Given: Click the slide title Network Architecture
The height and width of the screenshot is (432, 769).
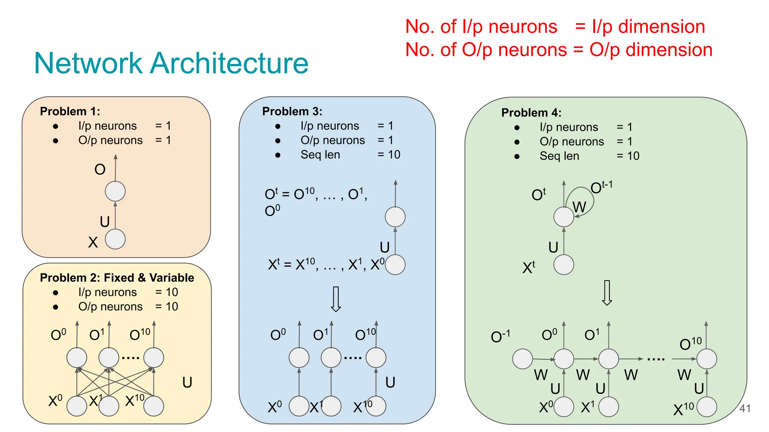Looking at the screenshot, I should (171, 63).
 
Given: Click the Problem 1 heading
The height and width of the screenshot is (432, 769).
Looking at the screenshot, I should (70, 111).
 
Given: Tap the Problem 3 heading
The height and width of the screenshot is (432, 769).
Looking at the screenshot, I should (292, 111).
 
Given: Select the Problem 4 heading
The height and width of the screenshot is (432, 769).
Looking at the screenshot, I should (531, 112).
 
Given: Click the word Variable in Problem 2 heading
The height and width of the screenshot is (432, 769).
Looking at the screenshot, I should (172, 277).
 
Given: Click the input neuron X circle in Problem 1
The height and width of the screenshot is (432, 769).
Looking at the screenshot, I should (115, 239).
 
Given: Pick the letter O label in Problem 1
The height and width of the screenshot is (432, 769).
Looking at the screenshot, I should (100, 169).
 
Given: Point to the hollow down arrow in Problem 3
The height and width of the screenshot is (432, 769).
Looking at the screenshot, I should (336, 299).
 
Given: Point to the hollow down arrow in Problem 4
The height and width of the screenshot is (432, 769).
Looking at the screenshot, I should (607, 292).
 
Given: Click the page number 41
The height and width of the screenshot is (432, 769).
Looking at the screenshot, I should (745, 408).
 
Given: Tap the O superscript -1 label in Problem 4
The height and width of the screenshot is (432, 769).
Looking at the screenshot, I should (500, 336).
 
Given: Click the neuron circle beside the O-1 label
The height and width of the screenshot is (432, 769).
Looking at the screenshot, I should (522, 359).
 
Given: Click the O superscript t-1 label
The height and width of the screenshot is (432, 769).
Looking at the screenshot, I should (601, 187).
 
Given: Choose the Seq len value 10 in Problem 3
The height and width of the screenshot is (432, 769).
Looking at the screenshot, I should (394, 154).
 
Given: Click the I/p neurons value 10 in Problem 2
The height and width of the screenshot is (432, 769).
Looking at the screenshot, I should (172, 292).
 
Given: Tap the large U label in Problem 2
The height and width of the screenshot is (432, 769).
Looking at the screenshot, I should (187, 382).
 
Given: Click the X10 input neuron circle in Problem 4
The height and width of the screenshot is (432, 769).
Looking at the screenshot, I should (707, 407).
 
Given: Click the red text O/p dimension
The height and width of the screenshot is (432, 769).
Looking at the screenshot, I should (651, 50).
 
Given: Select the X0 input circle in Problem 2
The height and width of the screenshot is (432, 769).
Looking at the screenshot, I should (77, 406).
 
